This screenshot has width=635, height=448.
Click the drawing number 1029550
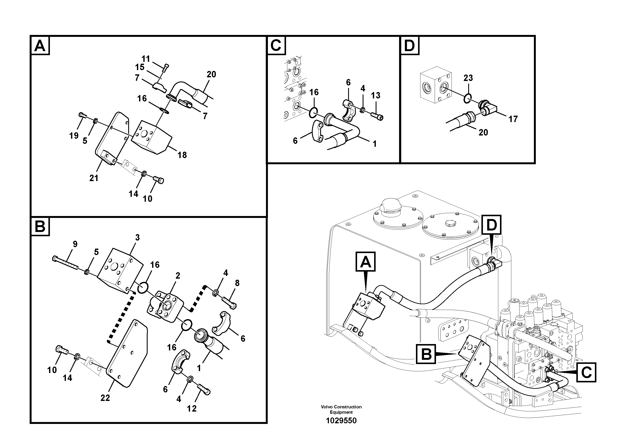(x=341, y=421)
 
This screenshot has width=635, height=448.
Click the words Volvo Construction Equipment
(x=341, y=409)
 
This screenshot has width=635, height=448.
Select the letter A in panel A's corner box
(x=40, y=46)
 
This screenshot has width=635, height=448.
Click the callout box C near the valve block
(x=586, y=373)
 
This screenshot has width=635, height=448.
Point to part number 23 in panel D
(x=468, y=78)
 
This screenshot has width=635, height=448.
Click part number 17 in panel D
(x=513, y=119)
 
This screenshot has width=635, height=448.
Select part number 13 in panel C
(x=376, y=96)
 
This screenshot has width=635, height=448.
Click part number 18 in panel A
(x=182, y=155)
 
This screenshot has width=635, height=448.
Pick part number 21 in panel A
(x=94, y=178)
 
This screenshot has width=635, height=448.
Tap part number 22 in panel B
(x=105, y=398)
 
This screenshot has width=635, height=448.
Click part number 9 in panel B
(x=75, y=244)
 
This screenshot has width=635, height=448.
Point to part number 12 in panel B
(x=192, y=409)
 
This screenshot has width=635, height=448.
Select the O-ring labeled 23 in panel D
(x=467, y=99)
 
